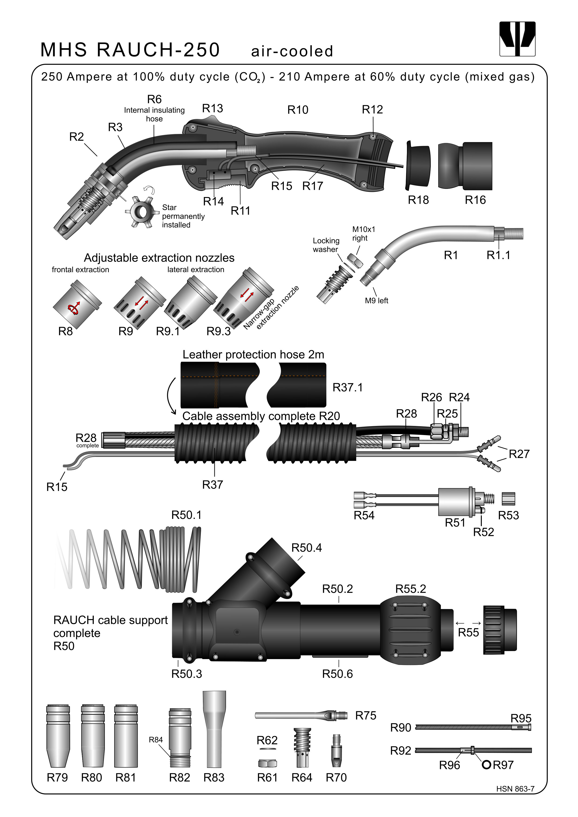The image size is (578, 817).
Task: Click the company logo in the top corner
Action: click(x=517, y=39)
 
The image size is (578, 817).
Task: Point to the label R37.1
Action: click(x=347, y=388)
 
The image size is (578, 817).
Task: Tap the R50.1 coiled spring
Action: click(x=128, y=559)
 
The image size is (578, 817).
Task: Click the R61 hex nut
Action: click(x=267, y=763)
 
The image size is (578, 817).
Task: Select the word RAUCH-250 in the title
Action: click(x=158, y=50)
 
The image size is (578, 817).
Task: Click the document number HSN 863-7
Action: click(x=515, y=789)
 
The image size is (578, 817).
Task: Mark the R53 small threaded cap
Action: click(x=508, y=499)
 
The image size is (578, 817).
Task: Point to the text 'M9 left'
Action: click(x=376, y=301)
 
